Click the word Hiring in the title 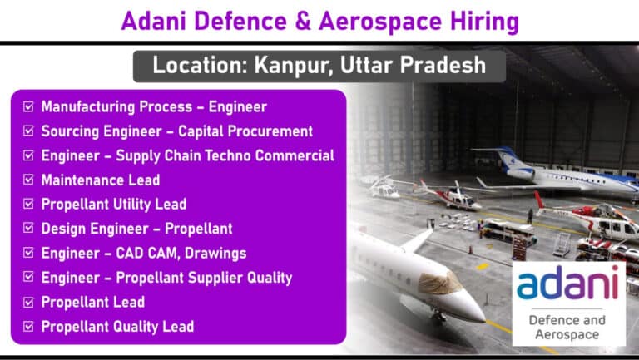[x=484, y=22]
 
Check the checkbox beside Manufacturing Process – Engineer [x=28, y=106]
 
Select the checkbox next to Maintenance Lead [x=28, y=180]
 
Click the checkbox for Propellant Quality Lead [x=28, y=326]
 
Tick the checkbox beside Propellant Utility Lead [x=28, y=204]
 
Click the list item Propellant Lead [x=93, y=302]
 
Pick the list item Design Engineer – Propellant [x=137, y=229]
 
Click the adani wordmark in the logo [x=567, y=282]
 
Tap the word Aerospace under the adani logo [x=567, y=335]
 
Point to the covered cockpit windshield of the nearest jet [x=439, y=283]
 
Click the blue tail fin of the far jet [x=508, y=158]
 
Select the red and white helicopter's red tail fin [x=539, y=200]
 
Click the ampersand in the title [x=303, y=21]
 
